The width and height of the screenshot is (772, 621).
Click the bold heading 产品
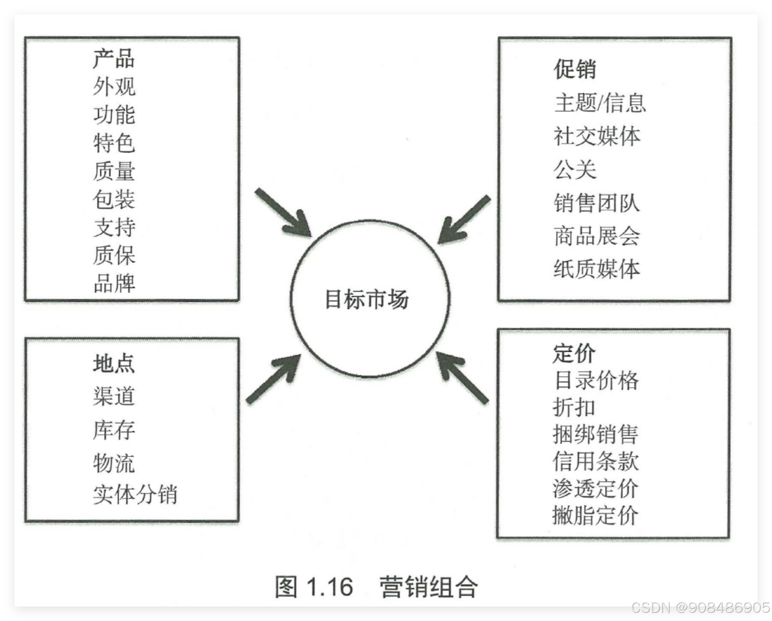click(114, 58)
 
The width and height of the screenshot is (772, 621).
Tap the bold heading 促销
click(575, 69)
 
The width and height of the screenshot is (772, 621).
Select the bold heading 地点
click(114, 363)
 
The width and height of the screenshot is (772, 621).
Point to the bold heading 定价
click(574, 353)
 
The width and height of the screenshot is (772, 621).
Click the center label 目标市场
click(367, 299)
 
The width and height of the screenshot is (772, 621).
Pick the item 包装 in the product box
click(114, 199)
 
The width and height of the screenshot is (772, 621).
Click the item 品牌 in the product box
click(114, 283)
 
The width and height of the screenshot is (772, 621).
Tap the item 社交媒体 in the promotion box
click(597, 136)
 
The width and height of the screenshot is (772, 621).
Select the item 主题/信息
click(600, 103)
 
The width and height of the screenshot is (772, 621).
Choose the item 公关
click(575, 169)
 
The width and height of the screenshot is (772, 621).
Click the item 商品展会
click(597, 236)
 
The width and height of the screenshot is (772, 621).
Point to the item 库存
click(114, 430)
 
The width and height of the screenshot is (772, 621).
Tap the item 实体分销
click(135, 495)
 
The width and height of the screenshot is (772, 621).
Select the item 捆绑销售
click(596, 434)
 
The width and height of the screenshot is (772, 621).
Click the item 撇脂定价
click(596, 515)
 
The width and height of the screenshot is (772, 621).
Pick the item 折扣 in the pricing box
click(574, 407)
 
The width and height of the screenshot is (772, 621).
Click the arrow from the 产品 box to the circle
click(283, 212)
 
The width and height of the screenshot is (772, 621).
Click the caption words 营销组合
click(428, 587)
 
